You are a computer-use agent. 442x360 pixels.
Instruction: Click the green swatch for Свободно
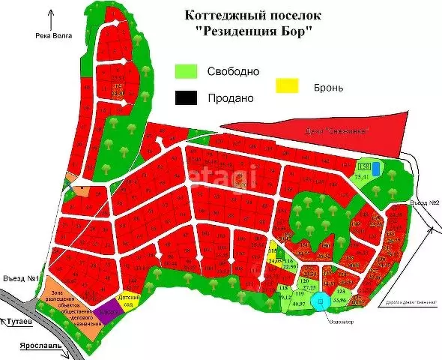pos(186,71)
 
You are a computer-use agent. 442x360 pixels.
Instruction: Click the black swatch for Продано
pos(186,97)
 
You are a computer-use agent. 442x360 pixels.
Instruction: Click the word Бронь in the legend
pos(329,88)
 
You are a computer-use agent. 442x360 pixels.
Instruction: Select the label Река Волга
pos(52,36)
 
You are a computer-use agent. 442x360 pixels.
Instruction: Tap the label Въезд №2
pos(424,203)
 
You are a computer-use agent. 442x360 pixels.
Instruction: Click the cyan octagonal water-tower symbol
pos(321,302)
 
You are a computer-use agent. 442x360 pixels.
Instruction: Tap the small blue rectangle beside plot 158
pos(376,168)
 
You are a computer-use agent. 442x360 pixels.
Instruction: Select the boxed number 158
pos(364,166)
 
